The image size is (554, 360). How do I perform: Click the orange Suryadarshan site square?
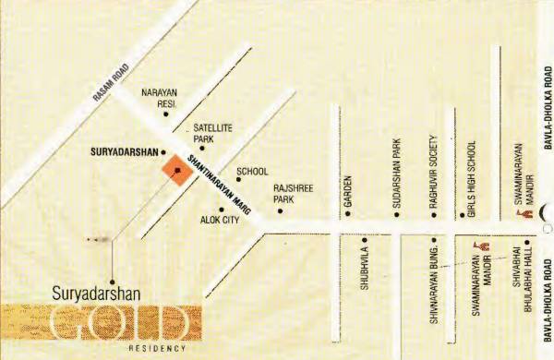pos(173,170)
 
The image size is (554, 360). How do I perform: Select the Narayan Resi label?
pos(158,98)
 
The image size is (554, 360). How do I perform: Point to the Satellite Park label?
pos(211,132)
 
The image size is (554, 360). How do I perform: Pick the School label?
pos(252,171)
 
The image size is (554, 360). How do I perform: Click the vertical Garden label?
pos(349,191)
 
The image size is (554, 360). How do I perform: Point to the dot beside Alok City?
pos(222,210)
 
